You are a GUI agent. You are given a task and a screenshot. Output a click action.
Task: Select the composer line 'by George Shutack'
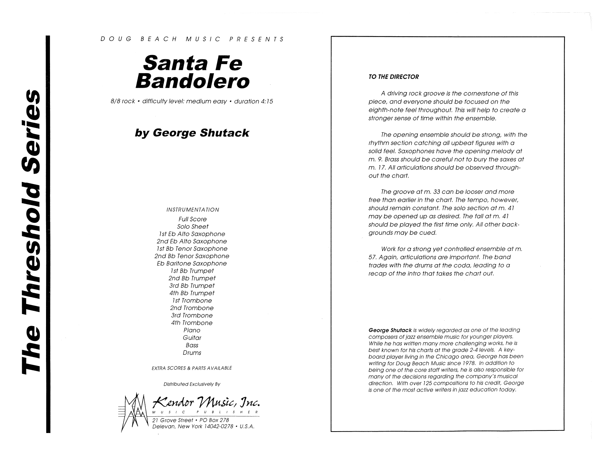click(x=192, y=133)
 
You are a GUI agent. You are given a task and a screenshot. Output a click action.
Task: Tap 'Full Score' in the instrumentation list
click(x=192, y=219)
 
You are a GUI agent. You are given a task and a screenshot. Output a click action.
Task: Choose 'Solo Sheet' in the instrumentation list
click(x=193, y=226)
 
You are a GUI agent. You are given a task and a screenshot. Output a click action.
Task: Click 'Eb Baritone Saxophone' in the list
click(x=192, y=263)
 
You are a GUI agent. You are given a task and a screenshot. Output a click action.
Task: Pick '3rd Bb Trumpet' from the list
click(x=192, y=286)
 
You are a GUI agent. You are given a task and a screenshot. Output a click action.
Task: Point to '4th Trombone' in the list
click(x=192, y=322)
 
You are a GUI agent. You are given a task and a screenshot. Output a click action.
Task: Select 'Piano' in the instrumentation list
click(x=192, y=330)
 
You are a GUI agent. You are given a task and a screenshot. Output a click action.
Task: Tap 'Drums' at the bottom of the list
click(x=192, y=353)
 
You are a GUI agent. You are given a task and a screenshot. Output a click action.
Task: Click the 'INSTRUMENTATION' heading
click(x=193, y=210)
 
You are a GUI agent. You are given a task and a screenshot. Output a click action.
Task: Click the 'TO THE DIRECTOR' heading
click(x=393, y=77)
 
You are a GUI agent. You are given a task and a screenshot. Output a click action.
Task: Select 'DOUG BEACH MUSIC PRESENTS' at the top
click(x=192, y=39)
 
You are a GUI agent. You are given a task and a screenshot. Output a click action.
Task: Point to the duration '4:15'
click(x=266, y=101)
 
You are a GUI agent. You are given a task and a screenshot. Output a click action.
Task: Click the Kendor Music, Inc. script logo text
click(x=207, y=402)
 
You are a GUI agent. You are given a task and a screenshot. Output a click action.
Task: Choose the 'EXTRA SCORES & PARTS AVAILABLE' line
click(x=192, y=368)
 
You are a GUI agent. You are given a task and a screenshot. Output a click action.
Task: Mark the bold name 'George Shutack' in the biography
click(x=390, y=330)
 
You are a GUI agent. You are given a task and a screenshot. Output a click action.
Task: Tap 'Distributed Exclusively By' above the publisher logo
click(x=192, y=384)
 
